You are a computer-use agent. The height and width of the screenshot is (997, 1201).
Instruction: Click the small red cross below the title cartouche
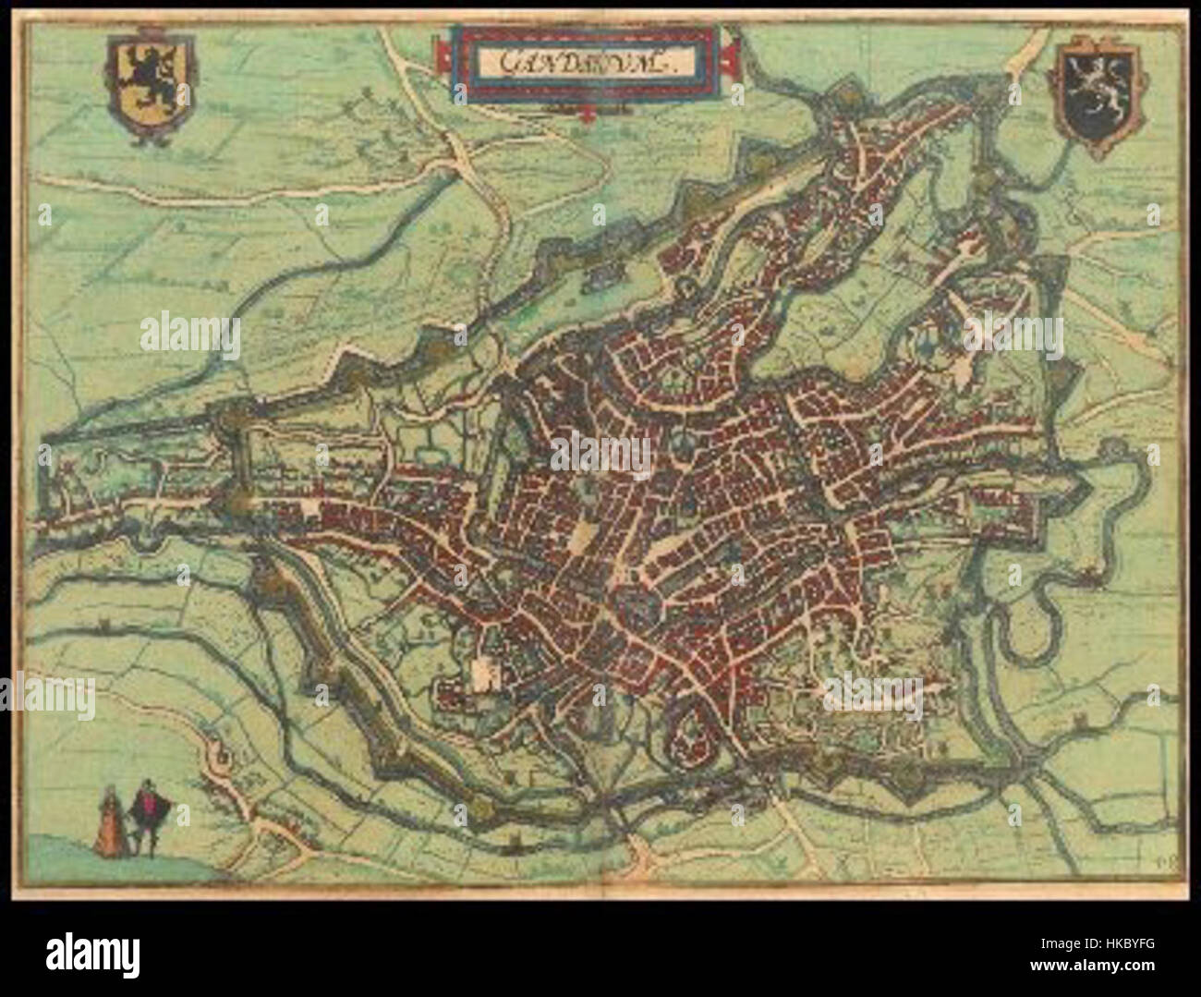[587, 115]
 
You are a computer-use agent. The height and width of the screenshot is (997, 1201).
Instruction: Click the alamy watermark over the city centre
[601, 453]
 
